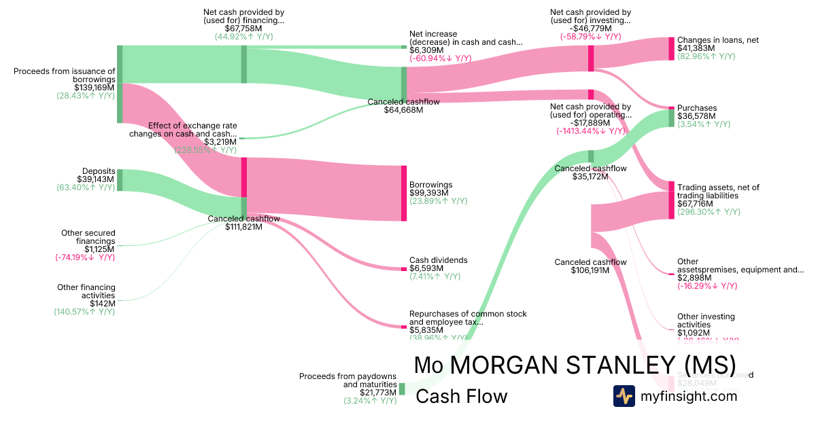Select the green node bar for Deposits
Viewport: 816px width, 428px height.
120,180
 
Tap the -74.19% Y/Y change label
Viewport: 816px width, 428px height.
85,257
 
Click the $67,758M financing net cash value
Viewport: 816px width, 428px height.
243,29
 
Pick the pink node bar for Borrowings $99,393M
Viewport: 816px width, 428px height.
403,193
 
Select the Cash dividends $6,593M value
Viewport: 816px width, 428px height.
426,268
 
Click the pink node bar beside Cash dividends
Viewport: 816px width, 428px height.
403,269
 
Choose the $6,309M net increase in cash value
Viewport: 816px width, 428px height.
426,50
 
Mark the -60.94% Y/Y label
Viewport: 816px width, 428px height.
440,59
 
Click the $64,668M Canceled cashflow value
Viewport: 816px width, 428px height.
403,109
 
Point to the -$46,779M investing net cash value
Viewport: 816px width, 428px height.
590,29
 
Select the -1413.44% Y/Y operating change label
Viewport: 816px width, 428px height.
590,130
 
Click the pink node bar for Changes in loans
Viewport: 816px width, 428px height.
671,49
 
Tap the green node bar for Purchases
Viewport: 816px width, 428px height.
671,118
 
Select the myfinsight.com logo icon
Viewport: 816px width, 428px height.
624,396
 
